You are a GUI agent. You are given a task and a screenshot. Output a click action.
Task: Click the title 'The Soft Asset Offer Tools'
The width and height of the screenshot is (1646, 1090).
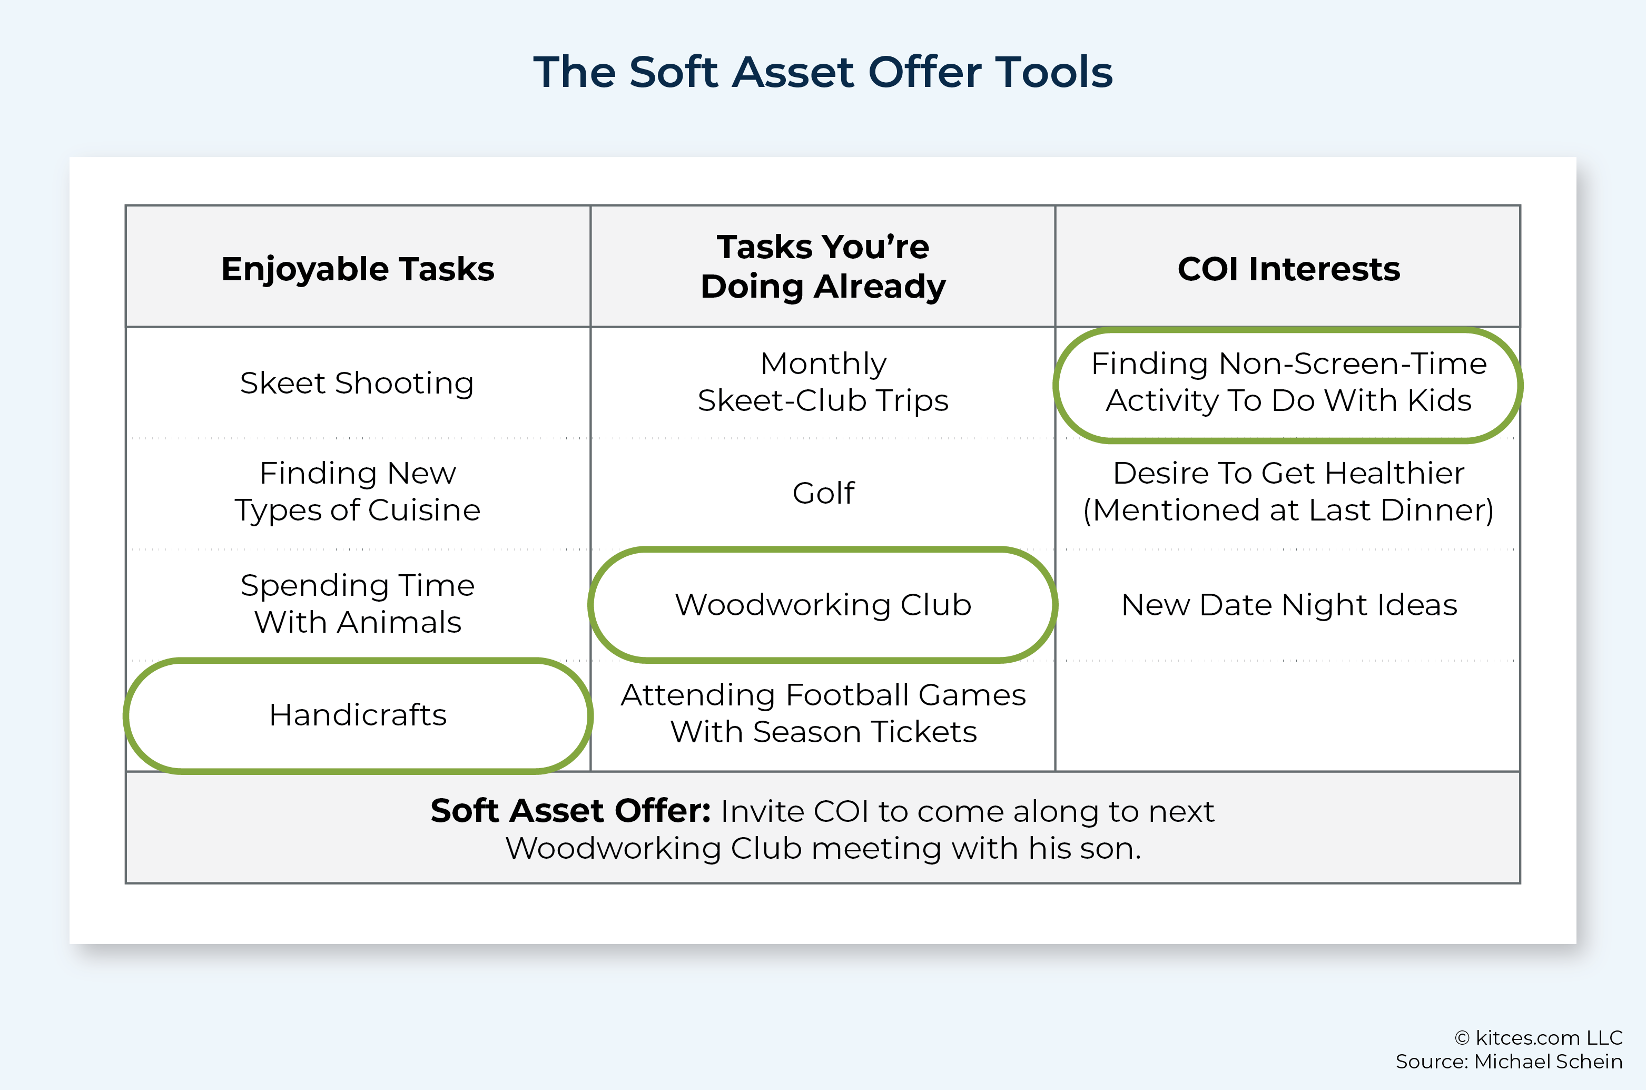coord(823,72)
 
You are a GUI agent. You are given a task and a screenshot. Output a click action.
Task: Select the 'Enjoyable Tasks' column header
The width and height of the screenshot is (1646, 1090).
coord(358,269)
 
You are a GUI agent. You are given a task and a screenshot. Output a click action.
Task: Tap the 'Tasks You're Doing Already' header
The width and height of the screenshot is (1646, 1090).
coord(823,266)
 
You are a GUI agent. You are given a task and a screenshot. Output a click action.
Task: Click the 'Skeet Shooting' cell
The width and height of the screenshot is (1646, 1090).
coord(357,383)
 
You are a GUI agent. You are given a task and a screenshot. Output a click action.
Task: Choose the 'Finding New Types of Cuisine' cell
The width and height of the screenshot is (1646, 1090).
coord(358,492)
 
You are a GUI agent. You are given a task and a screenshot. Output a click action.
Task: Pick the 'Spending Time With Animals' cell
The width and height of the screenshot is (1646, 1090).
coord(358,603)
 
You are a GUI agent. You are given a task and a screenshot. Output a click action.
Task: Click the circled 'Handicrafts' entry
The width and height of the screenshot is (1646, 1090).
coord(358,714)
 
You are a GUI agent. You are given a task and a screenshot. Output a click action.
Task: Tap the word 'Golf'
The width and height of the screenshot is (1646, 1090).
coord(823,493)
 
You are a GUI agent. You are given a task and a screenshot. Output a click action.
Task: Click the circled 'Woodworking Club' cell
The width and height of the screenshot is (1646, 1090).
coord(823,604)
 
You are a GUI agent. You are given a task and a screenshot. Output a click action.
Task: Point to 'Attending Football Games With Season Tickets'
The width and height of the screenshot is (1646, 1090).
coord(823,713)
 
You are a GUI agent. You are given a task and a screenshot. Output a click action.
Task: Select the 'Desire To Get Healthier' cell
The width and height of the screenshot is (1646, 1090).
coord(1289,492)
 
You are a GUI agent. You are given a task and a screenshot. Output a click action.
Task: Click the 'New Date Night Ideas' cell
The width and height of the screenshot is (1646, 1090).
coord(1289,604)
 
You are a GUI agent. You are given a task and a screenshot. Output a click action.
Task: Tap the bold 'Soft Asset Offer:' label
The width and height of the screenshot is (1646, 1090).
coord(570,811)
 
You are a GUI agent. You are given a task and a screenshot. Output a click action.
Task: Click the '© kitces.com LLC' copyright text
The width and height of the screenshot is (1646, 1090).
coord(1539,1038)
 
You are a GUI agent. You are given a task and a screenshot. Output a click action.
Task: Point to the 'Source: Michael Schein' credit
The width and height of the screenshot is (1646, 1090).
coord(1509,1062)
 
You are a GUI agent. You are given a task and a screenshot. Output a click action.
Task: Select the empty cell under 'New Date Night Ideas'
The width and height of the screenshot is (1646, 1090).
coord(1287,715)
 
